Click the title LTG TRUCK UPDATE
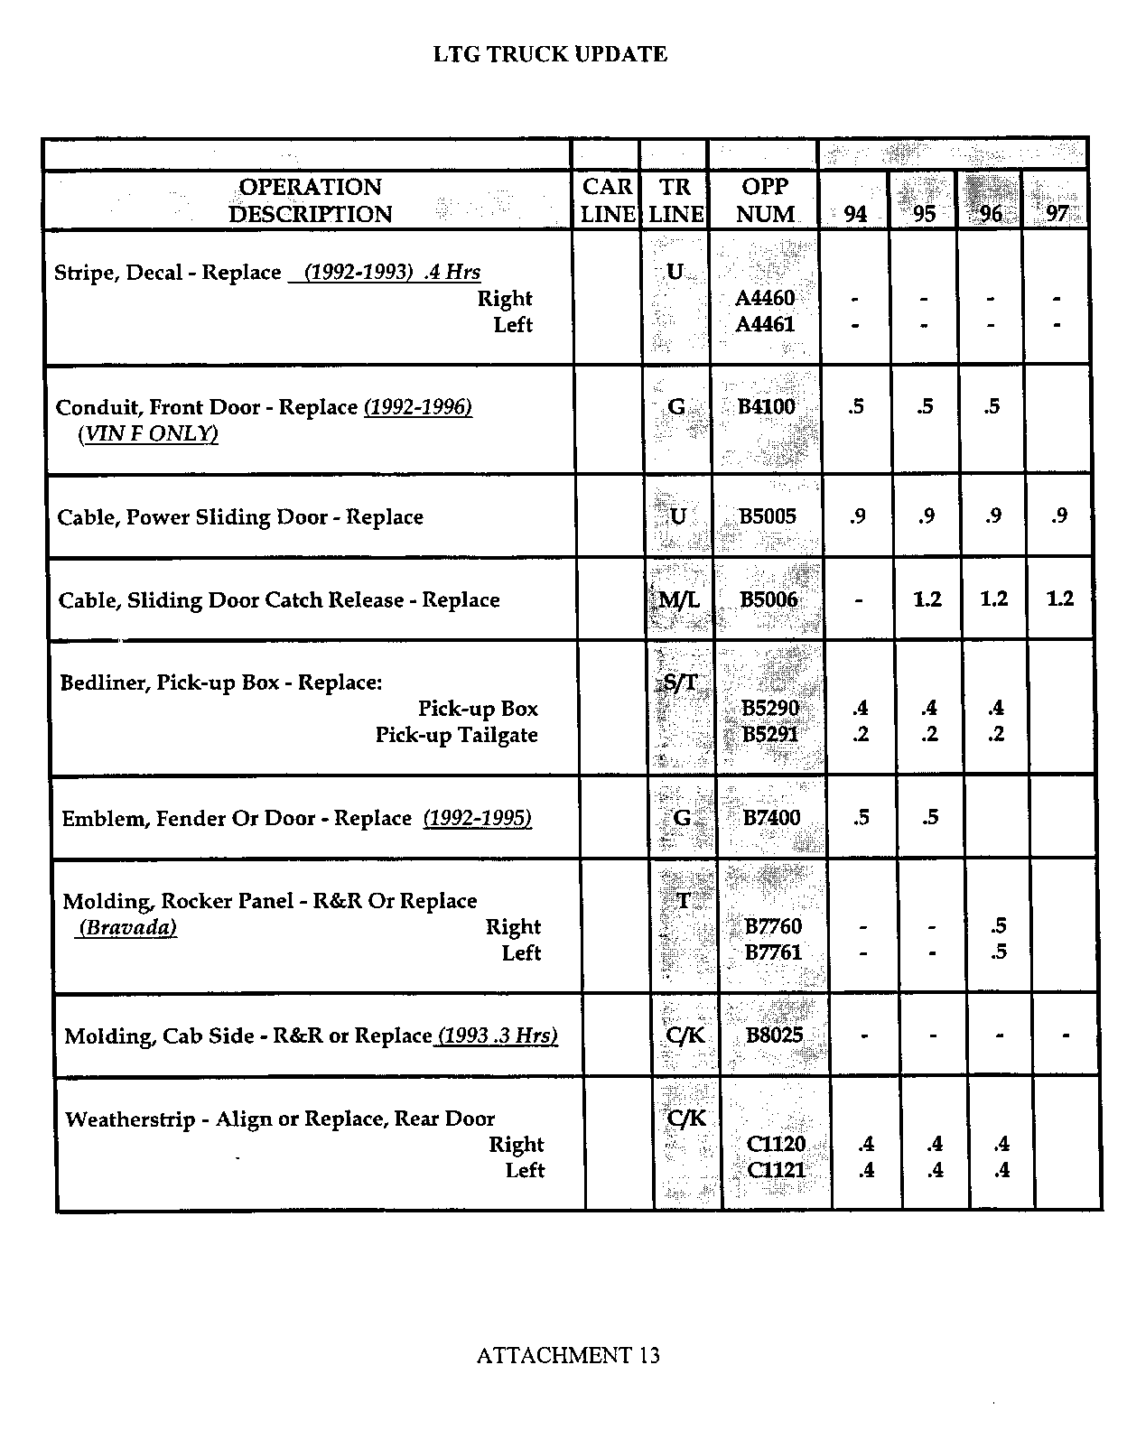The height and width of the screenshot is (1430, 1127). coord(550,54)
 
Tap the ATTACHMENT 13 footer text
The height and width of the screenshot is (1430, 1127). coord(567,1355)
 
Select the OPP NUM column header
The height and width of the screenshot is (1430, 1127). coord(765,200)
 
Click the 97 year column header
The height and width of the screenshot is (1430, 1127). coord(1056,214)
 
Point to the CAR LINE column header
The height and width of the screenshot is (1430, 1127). coord(607,200)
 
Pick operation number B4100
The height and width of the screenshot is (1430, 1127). coord(766,406)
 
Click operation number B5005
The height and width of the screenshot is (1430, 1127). coord(768,516)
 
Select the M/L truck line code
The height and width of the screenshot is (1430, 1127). coord(679,599)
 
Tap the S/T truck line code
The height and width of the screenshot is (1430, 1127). coord(681,682)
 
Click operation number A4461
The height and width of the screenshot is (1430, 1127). coord(765,324)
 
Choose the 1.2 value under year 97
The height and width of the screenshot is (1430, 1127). coord(1059,599)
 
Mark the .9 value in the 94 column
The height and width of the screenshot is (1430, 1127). coord(857,516)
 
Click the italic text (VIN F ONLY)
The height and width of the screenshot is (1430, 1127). coord(148,434)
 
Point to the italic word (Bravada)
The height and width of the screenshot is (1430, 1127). coord(127,927)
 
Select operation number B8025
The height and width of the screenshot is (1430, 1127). coord(774,1035)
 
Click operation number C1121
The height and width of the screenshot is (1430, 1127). coord(776,1170)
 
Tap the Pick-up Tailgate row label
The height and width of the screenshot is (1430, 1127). coord(456,735)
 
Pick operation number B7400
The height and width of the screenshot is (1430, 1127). coord(771,818)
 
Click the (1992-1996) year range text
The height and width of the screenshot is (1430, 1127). coord(418,407)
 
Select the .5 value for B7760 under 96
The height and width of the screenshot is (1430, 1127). coord(998,925)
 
